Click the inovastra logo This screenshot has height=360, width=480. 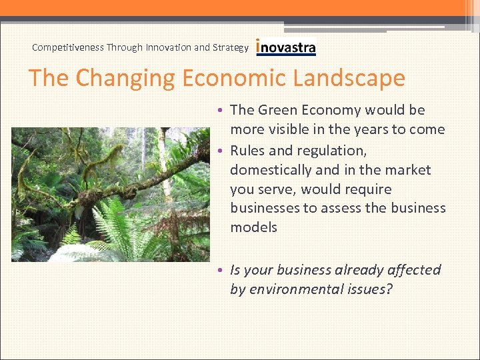click(x=286, y=47)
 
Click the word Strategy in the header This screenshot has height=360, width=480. click(x=231, y=47)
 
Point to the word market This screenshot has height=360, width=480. click(x=408, y=170)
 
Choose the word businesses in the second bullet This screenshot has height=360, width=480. click(x=265, y=208)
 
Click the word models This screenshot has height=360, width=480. click(x=253, y=227)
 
